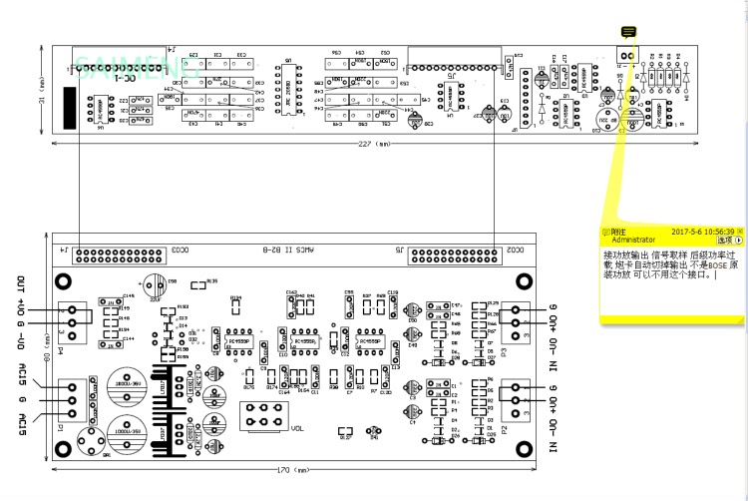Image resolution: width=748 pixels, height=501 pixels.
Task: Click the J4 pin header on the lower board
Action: tap(113, 249)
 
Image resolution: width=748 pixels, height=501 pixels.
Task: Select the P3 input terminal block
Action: tap(517, 322)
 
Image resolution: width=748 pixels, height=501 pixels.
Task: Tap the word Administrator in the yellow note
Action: tap(634, 241)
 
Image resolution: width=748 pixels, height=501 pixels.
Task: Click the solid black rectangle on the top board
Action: tap(71, 107)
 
